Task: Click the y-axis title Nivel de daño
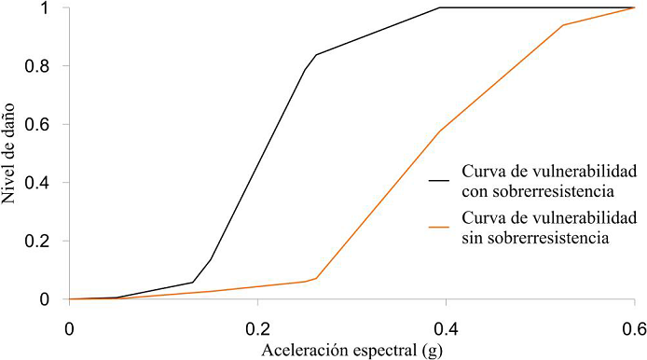(x=13, y=154)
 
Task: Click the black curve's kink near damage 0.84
(x=315, y=55)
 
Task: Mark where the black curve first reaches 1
(x=439, y=8)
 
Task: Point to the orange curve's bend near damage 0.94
(x=564, y=25)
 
